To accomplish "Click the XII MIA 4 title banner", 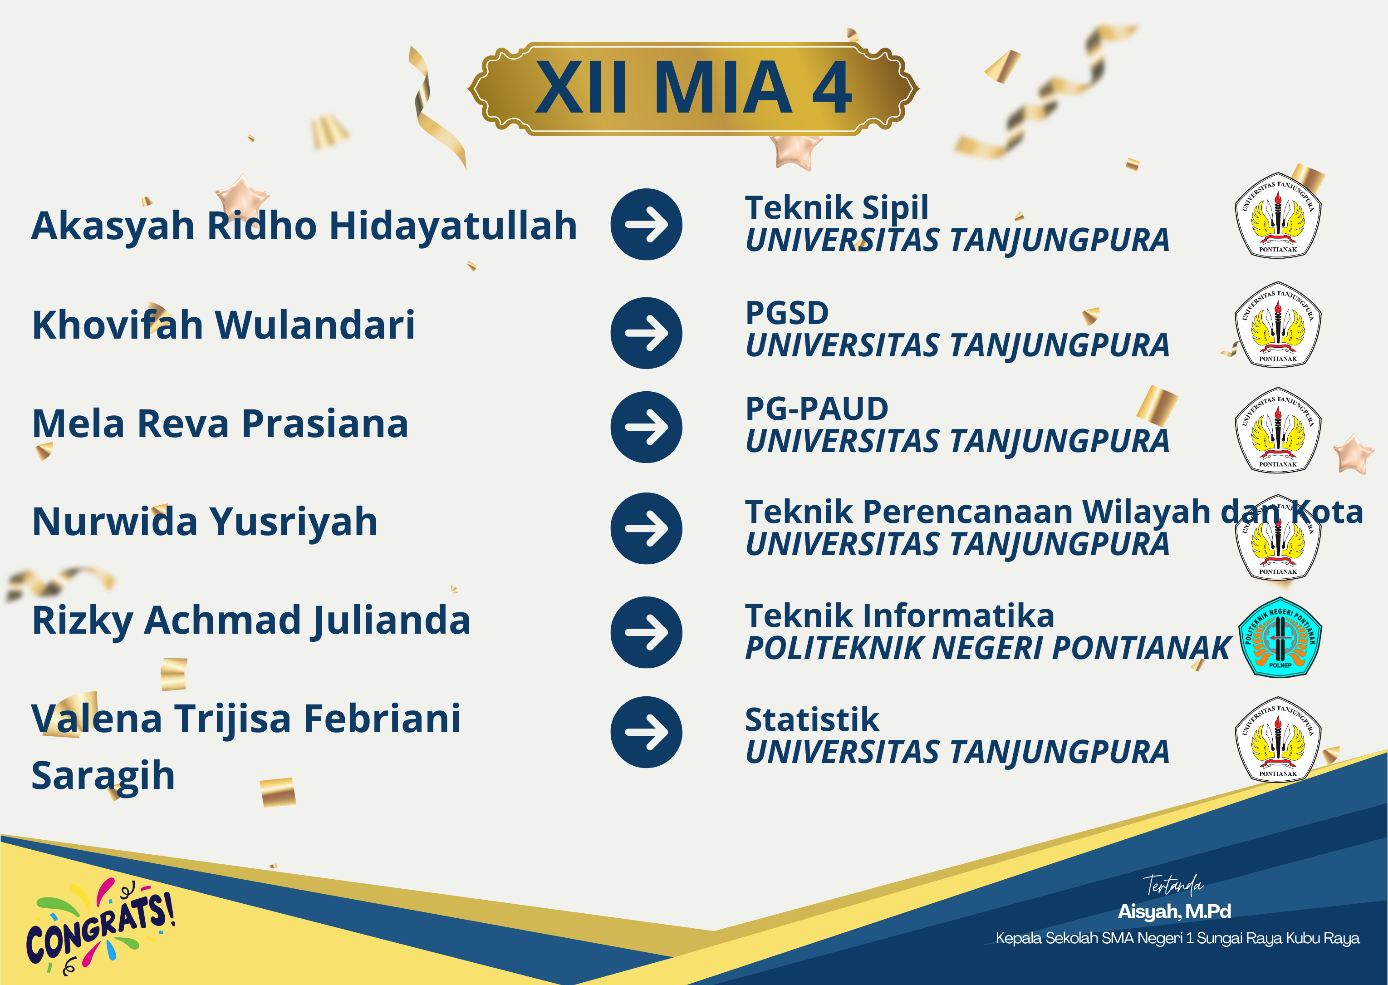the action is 693,89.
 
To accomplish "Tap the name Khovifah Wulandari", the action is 224,325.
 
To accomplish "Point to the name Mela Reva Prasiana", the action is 220,424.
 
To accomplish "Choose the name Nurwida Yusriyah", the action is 205,522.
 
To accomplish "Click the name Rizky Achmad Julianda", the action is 251,621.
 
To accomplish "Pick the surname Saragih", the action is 103,776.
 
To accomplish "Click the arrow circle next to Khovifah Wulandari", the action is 646,333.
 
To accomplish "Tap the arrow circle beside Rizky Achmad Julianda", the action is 646,632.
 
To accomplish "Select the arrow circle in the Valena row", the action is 646,732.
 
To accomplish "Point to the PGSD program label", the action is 787,313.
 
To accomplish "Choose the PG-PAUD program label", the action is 816,408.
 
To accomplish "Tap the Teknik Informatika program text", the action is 899,616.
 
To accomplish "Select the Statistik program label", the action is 812,720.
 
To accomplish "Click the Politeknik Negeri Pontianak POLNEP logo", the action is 1280,637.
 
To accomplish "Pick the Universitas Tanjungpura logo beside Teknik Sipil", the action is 1278,215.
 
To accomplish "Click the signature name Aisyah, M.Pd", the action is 1174,911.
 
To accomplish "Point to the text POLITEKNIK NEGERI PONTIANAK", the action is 988,648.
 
